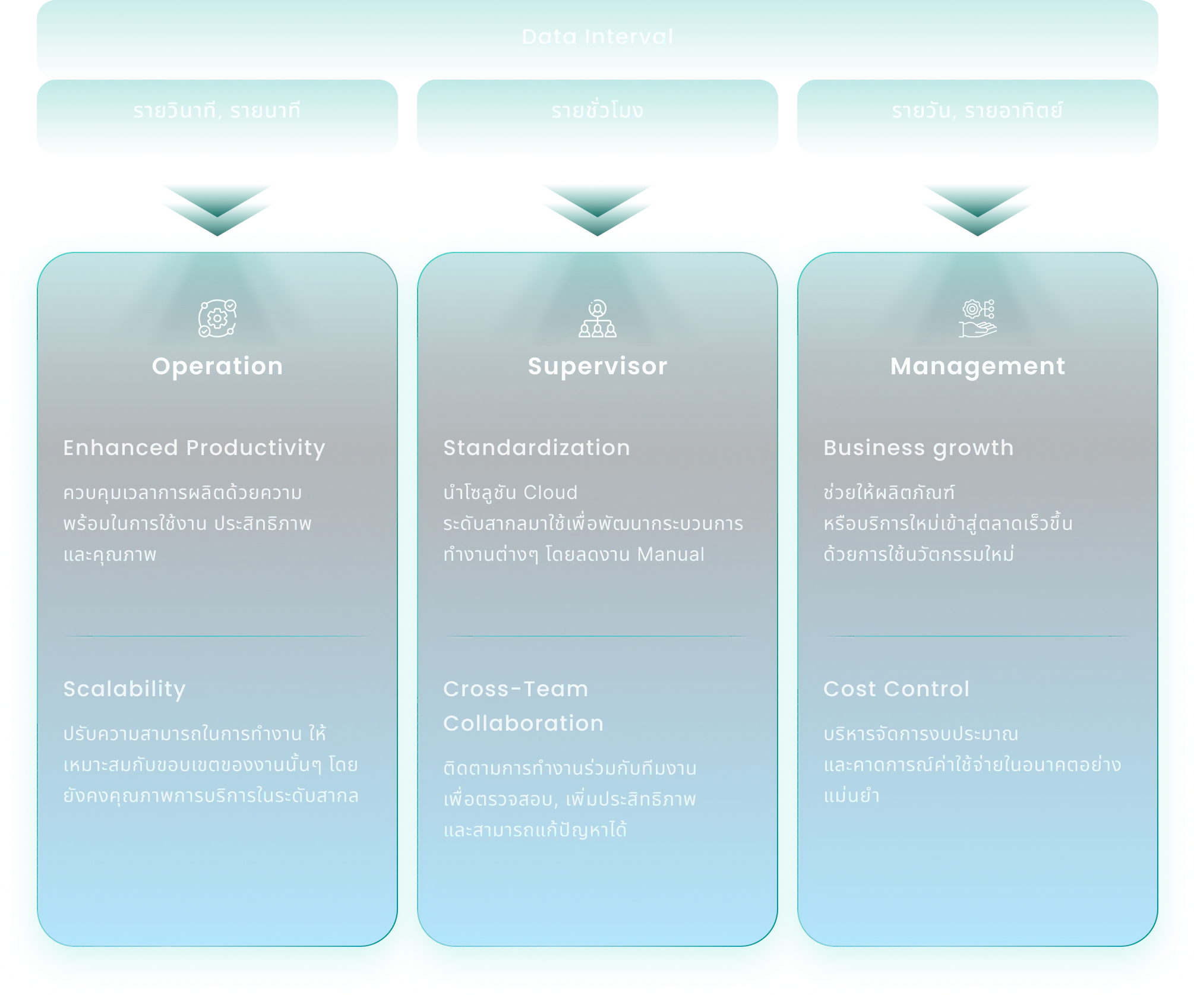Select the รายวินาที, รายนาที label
pyautogui.click(x=217, y=111)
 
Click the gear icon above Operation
pyautogui.click(x=217, y=318)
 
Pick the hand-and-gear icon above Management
pyautogui.click(x=978, y=318)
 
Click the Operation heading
pyautogui.click(x=217, y=366)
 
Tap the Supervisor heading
pyautogui.click(x=598, y=366)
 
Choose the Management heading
pyautogui.click(x=978, y=366)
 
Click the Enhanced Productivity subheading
pyautogui.click(x=194, y=448)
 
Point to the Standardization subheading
pyautogui.click(x=536, y=448)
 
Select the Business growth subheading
pyautogui.click(x=918, y=448)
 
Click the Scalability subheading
pyautogui.click(x=125, y=689)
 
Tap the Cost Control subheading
pyautogui.click(x=896, y=689)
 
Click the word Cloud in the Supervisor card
pyautogui.click(x=550, y=492)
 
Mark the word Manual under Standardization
pyautogui.click(x=671, y=554)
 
